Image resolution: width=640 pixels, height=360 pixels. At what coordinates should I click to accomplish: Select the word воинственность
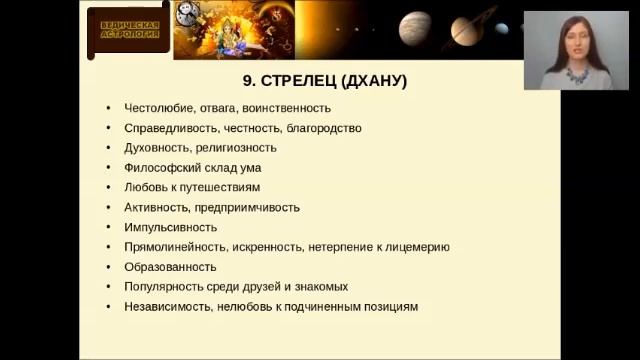[x=281, y=108]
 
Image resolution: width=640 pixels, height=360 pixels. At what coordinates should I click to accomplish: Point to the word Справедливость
[x=166, y=128]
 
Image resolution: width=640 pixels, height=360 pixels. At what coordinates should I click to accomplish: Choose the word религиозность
[x=233, y=148]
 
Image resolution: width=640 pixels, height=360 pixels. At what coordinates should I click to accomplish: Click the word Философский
[x=161, y=168]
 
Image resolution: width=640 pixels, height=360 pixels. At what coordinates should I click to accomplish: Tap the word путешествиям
[x=223, y=187]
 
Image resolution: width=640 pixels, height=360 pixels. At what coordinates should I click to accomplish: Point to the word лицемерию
[x=412, y=247]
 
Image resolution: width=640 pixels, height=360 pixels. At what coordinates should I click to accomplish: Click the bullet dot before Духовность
[x=107, y=148]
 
